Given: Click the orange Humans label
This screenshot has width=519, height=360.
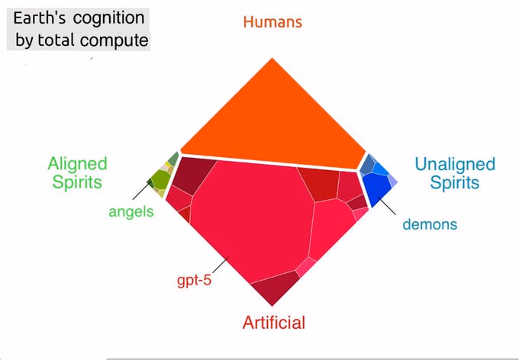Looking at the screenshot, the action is click(x=272, y=22).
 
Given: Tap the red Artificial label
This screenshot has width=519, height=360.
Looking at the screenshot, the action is click(x=274, y=323).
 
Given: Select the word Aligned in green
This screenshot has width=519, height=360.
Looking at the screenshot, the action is click(x=77, y=165).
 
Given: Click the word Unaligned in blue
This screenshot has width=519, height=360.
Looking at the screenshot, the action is click(x=454, y=164).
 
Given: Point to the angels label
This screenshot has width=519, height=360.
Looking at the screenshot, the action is click(x=131, y=212).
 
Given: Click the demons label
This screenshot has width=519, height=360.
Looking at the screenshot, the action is click(x=430, y=224).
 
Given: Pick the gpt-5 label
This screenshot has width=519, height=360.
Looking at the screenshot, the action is click(x=194, y=281).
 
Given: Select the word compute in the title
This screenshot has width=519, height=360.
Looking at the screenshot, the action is click(x=114, y=40).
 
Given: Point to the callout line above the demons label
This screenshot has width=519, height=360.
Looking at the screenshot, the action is click(x=387, y=206).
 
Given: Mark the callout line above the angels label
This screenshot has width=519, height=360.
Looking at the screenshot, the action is click(x=142, y=190).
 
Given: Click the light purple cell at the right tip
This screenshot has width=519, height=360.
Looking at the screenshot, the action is click(x=392, y=181).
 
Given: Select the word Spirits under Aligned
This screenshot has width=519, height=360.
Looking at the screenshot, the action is click(x=77, y=182).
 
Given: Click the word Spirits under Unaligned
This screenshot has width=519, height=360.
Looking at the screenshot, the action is click(x=455, y=182).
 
